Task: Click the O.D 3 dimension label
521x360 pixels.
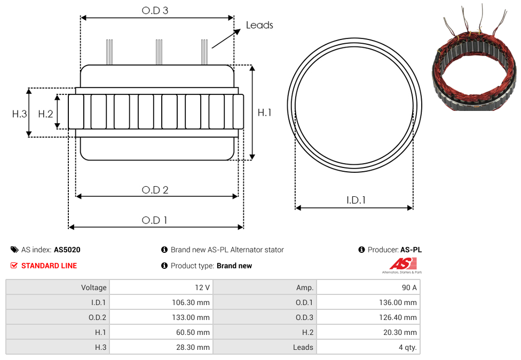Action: coord(155,10)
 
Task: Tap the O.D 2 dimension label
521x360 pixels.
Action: coord(155,190)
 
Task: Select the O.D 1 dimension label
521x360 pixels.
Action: coord(154,220)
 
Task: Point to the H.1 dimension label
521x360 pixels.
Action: coord(264,113)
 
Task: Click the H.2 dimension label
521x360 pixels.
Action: coord(45,114)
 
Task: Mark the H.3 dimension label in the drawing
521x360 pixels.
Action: coord(19,114)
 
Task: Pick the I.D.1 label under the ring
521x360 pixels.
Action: coord(356,200)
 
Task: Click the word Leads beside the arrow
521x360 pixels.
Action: coord(259,25)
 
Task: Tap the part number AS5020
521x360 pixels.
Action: coord(67,250)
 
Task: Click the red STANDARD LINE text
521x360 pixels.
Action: coord(49,266)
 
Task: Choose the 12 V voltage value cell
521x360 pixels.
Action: coord(202,287)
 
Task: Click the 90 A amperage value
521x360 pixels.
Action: coord(409,287)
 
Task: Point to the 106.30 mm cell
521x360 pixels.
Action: coord(191,302)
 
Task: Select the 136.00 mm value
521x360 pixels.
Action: coord(398,302)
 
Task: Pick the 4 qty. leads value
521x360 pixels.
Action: coord(408,347)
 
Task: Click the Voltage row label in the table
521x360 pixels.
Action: coord(94,287)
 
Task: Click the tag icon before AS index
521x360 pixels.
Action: coord(14,250)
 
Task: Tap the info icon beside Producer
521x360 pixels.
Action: coord(361,250)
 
